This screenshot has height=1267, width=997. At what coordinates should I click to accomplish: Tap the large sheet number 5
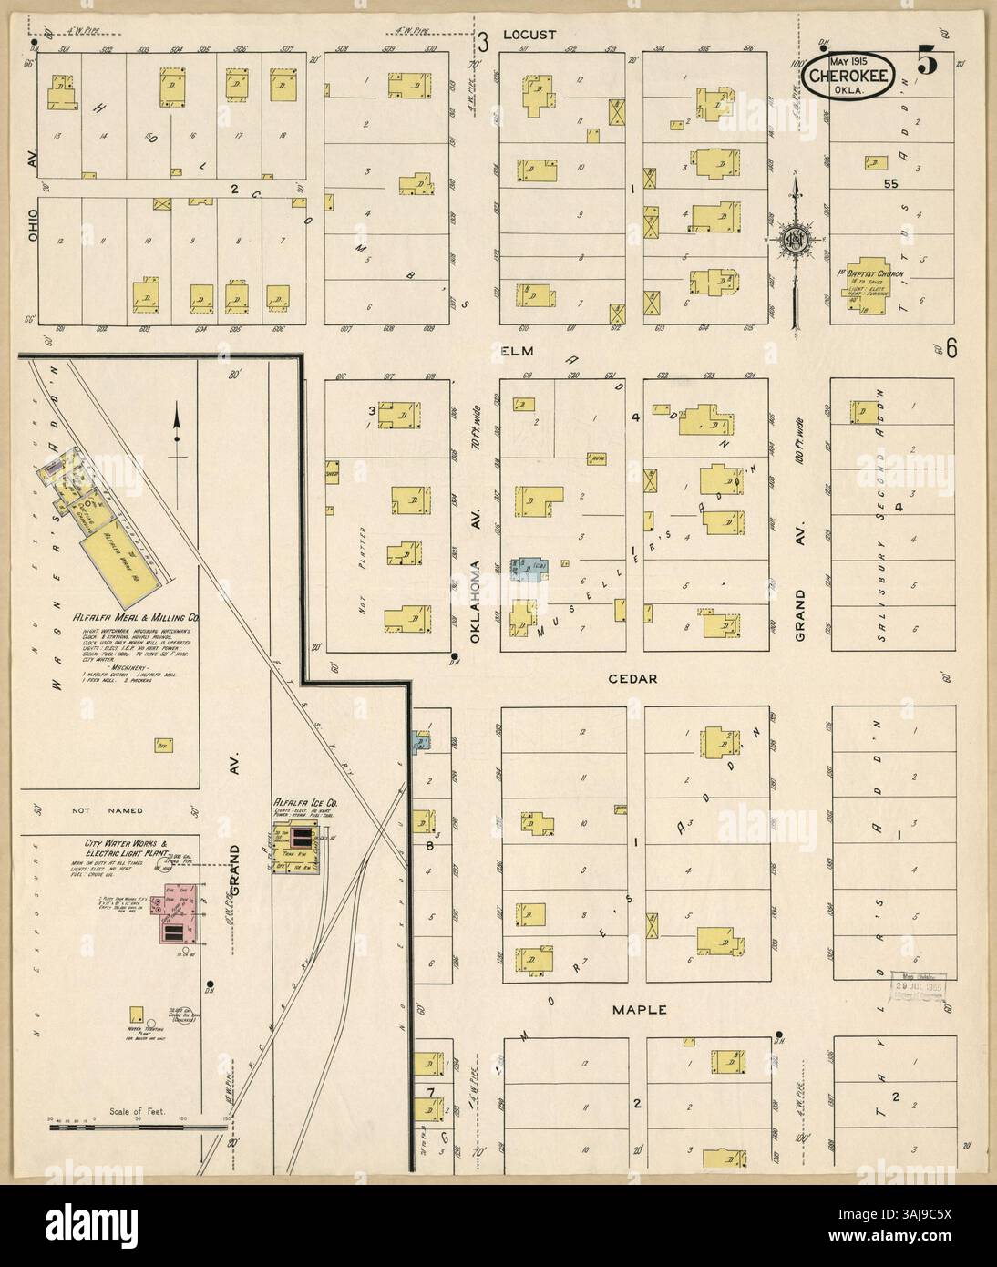point(927,65)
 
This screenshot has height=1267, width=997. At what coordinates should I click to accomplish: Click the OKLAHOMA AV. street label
point(476,611)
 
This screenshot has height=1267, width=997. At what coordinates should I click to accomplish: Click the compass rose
point(795,240)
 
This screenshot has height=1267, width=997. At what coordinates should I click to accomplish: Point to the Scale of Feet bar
point(137,1128)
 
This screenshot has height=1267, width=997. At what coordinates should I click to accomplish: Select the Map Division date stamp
point(920,985)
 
